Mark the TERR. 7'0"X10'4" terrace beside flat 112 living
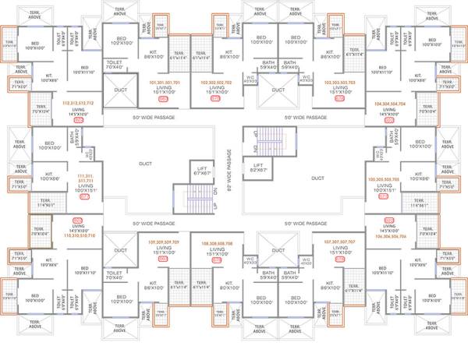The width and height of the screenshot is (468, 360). [41, 114]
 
